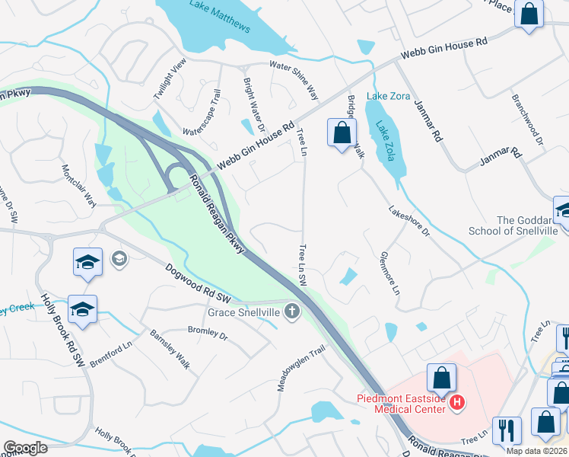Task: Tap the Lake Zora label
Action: [x=383, y=96]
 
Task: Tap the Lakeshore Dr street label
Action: [x=409, y=220]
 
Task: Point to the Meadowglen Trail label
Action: [x=300, y=369]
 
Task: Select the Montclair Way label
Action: [x=78, y=185]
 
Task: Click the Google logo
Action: [x=25, y=448]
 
